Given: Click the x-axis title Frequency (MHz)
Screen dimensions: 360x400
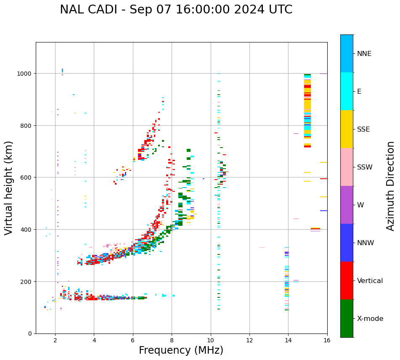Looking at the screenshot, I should (x=181, y=350).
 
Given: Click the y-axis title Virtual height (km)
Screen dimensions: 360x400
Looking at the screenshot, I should (x=9, y=188).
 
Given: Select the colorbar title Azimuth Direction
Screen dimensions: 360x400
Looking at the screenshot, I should (x=391, y=186).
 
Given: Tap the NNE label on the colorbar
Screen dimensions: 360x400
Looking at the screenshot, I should (x=364, y=53).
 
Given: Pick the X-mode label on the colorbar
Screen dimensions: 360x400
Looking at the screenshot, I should (x=370, y=319).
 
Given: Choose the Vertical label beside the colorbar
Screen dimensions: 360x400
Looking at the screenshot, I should (x=370, y=281).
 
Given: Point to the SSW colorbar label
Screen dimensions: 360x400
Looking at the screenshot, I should (x=365, y=167).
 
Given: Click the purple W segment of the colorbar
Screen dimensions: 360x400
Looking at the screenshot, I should (x=347, y=205).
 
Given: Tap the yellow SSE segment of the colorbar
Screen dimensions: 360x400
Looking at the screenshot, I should (x=347, y=129).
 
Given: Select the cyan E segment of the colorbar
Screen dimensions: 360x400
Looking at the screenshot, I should (x=347, y=91).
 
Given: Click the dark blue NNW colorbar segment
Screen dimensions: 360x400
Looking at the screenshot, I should (x=347, y=243).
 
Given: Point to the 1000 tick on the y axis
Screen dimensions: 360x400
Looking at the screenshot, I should (x=24, y=74).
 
